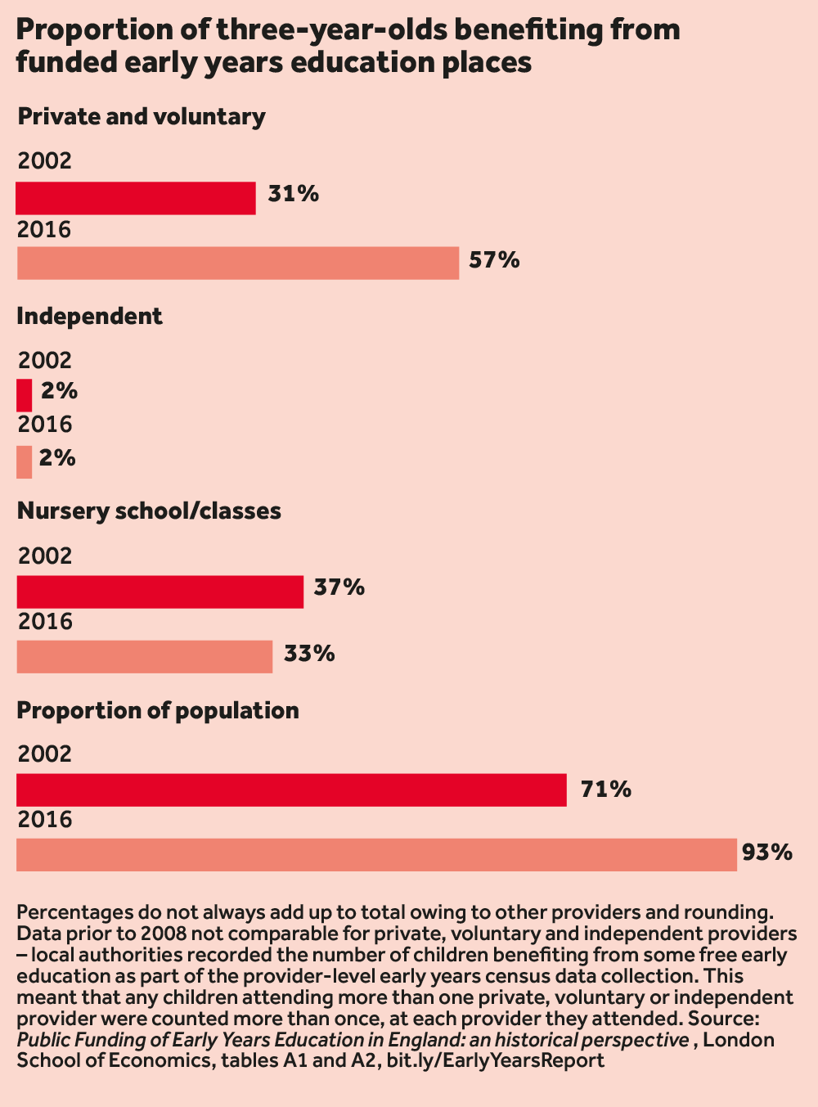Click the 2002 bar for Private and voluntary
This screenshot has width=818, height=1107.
(136, 198)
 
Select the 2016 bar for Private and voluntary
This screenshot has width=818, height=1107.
(237, 263)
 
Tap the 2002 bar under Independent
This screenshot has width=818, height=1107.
(25, 395)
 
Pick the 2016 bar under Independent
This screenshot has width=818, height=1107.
(25, 461)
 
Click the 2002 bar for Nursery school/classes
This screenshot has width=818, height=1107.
(160, 592)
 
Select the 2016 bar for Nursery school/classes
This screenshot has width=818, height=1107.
(144, 657)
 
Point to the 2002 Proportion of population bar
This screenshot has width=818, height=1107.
(291, 790)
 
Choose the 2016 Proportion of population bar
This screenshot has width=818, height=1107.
(376, 855)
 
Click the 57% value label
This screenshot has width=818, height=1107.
(494, 260)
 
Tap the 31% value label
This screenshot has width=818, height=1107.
(293, 194)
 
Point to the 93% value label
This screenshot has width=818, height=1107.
(767, 853)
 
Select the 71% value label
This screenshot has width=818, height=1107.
(605, 790)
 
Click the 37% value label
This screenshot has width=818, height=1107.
(339, 587)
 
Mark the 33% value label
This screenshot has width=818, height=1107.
(309, 654)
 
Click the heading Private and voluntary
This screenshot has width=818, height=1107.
(141, 117)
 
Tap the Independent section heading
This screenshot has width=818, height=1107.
(89, 317)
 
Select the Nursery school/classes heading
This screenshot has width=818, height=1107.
(149, 511)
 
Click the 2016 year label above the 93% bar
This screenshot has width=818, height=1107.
(44, 819)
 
